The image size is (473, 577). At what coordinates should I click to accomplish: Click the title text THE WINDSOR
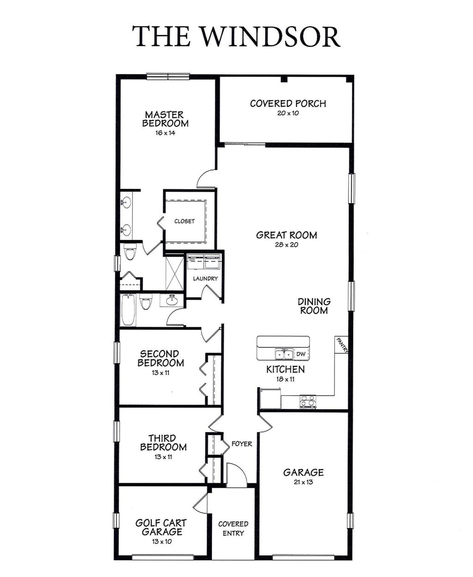click(236, 36)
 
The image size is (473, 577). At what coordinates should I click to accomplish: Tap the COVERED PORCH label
click(288, 103)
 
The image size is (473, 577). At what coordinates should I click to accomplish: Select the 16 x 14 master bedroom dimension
click(165, 133)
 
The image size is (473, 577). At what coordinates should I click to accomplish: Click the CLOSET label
click(184, 221)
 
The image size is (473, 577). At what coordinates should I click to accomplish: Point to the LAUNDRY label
click(205, 279)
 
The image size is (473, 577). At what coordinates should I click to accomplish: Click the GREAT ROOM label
click(286, 235)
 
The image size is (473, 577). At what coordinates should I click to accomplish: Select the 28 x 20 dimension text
click(286, 245)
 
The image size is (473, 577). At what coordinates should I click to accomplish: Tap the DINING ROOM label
click(314, 306)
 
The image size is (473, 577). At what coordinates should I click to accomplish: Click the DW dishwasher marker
click(301, 354)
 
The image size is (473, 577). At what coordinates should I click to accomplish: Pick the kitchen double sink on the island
click(284, 354)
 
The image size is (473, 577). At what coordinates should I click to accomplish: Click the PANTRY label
click(342, 345)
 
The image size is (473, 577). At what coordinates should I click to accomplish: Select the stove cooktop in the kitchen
click(308, 401)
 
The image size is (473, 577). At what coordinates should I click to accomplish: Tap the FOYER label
click(242, 444)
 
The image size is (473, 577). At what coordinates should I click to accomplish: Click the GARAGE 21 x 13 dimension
click(303, 482)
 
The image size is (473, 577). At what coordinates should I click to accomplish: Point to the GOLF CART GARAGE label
click(161, 527)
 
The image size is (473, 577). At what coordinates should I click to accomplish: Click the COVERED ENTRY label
click(233, 528)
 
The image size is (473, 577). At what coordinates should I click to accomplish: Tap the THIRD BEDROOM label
click(164, 443)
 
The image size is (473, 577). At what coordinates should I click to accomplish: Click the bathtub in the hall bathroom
click(128, 310)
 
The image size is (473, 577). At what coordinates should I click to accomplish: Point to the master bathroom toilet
click(131, 253)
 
